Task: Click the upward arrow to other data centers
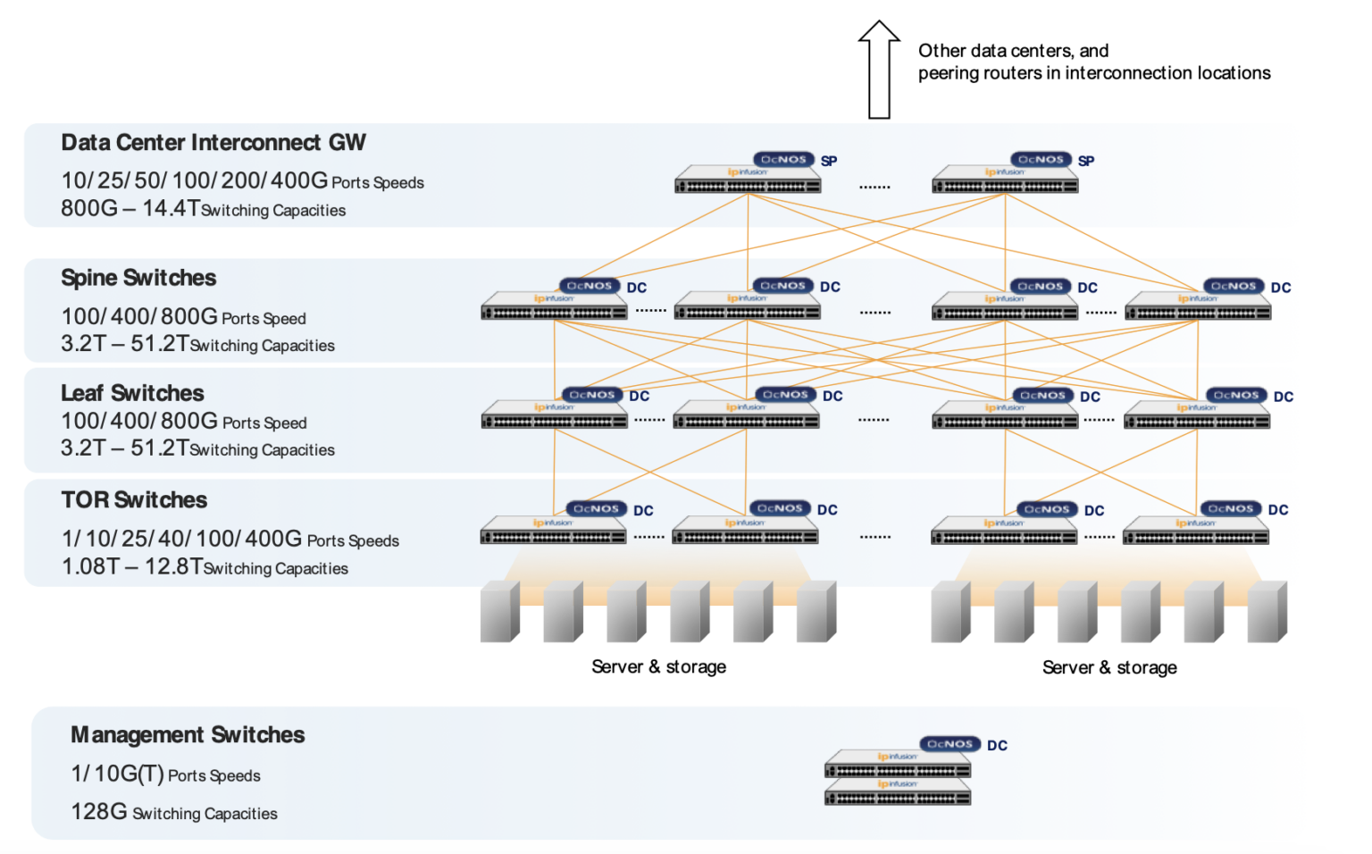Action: pos(879,70)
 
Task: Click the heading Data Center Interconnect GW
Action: pos(213,143)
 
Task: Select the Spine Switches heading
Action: pos(138,278)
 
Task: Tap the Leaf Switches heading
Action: pos(132,393)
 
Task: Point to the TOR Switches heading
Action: pos(134,500)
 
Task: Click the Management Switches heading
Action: pos(188,735)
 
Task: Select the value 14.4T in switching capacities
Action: pos(171,208)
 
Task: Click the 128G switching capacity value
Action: pos(99,811)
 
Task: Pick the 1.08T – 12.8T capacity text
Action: pos(132,566)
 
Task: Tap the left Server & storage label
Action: pos(658,667)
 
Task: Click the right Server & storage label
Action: pos(1109,668)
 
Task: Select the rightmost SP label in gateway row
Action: pos(1086,162)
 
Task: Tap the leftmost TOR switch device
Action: pos(553,532)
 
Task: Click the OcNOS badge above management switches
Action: pos(950,744)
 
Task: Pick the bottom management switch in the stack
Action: pos(898,792)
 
